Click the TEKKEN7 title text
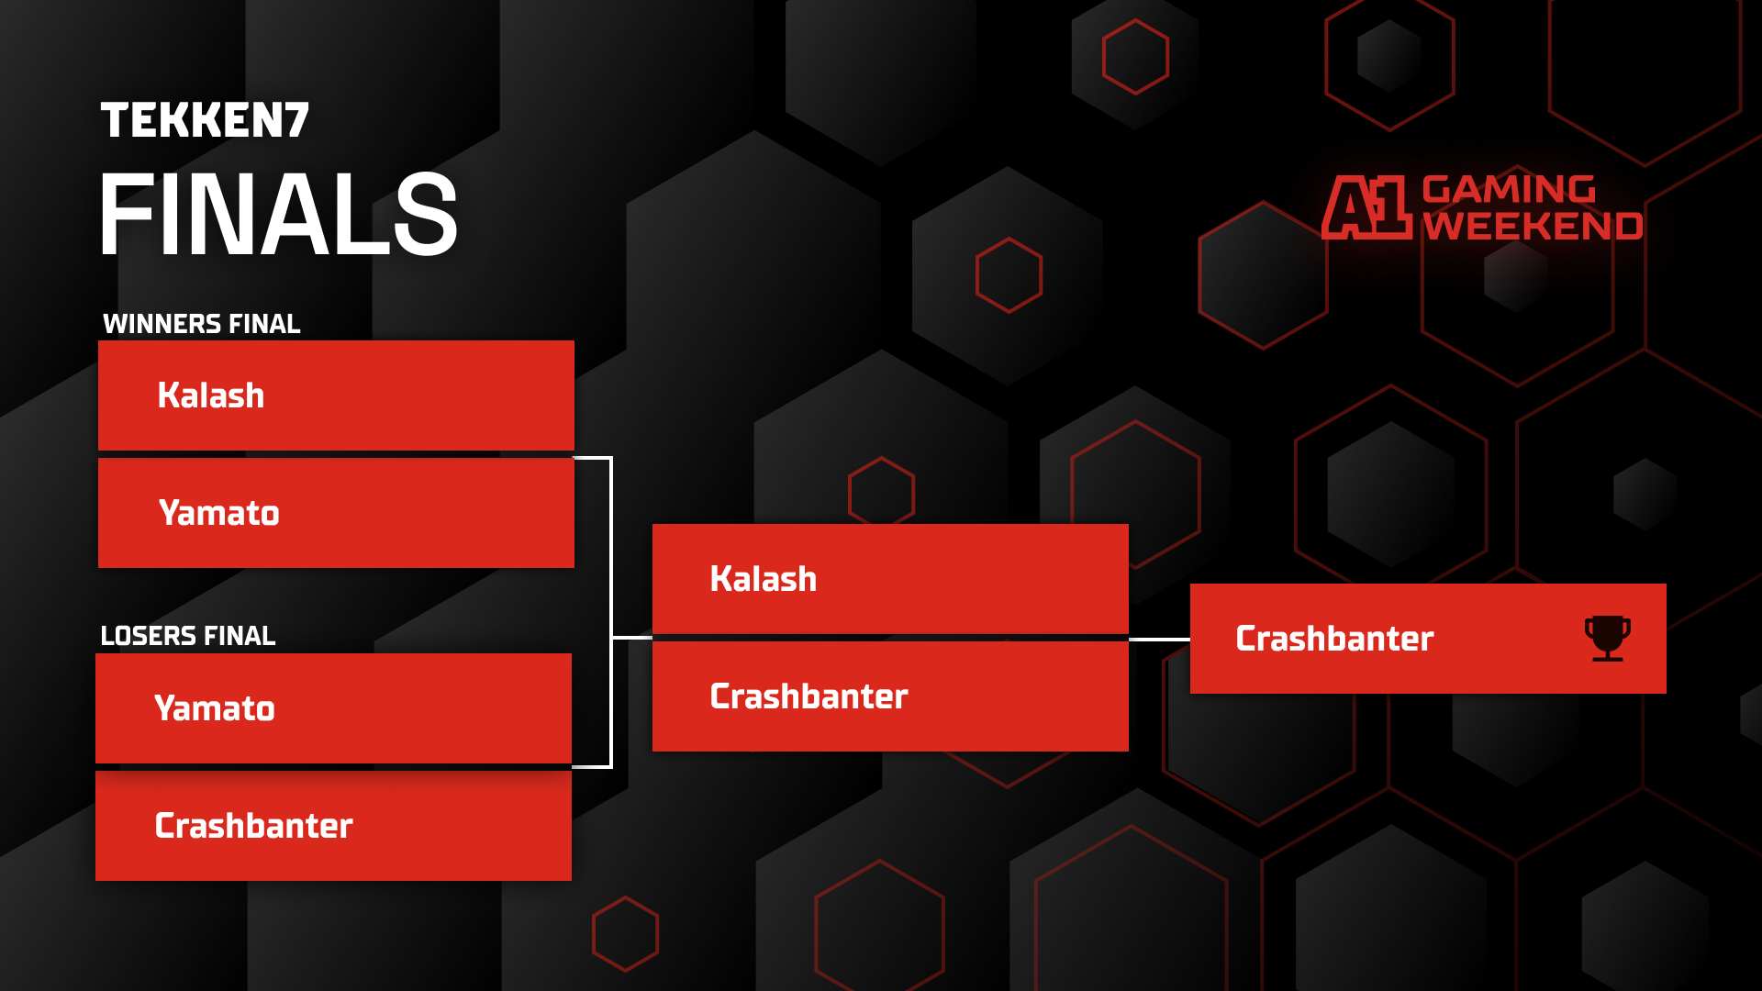point(205,120)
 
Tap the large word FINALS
point(278,215)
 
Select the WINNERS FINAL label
point(201,324)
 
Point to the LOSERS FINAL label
point(187,636)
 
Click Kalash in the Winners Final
point(211,395)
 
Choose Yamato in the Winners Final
point(219,513)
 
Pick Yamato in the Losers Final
point(215,708)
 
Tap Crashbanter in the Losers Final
point(253,826)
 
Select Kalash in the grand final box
point(764,579)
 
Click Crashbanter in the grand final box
point(809,696)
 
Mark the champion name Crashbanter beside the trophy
point(1334,639)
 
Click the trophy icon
point(1608,639)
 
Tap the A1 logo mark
point(1366,207)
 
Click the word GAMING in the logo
point(1509,189)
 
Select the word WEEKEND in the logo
point(1533,226)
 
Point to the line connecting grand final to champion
point(1159,640)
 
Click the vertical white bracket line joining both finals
point(611,612)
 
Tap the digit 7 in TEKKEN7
point(296,120)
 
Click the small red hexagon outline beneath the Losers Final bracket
point(625,934)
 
